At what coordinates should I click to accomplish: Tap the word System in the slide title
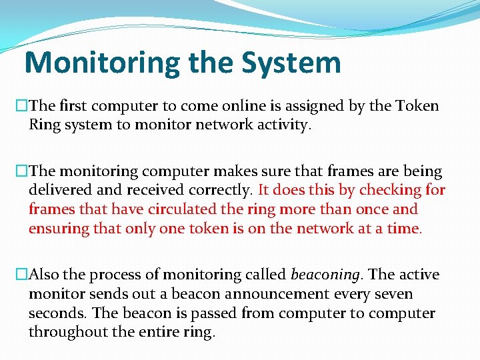point(291,63)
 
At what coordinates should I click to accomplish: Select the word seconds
point(57,313)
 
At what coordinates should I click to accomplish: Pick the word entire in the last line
point(155,332)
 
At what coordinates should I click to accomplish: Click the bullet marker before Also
point(22,275)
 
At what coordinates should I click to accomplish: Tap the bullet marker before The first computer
point(22,106)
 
